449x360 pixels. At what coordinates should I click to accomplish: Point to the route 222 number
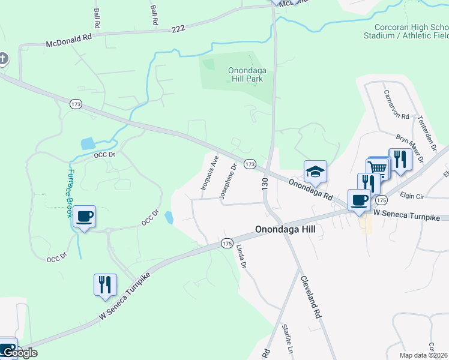(178, 28)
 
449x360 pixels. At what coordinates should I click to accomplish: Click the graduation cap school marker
(315, 172)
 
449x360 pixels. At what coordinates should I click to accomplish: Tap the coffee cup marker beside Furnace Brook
(84, 217)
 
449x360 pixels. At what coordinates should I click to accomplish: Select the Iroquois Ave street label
(209, 172)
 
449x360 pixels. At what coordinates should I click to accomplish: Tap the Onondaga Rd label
(310, 188)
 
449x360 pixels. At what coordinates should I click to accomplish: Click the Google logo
(19, 353)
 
